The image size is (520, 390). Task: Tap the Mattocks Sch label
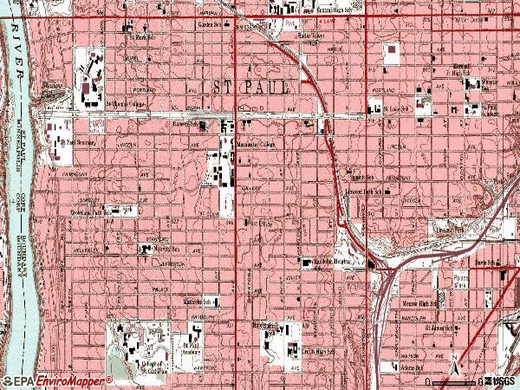click(x=196, y=303)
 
